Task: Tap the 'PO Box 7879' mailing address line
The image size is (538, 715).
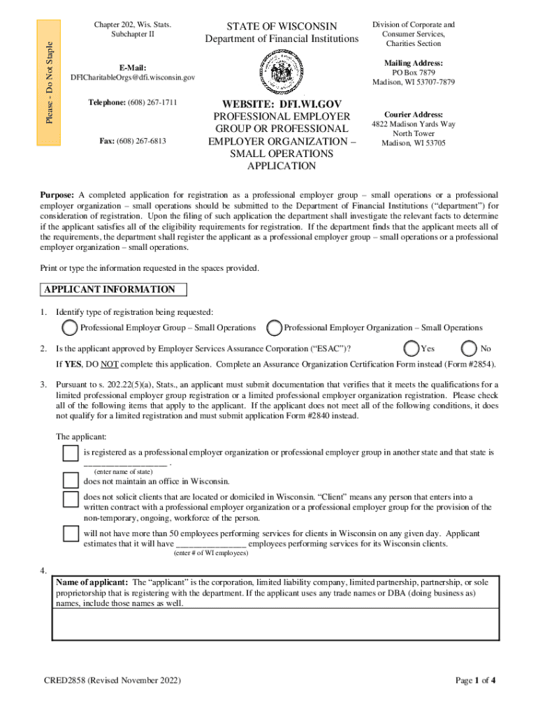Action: tap(414, 73)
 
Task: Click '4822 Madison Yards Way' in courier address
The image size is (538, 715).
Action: tap(414, 124)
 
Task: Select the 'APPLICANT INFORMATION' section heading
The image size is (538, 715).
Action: tap(110, 290)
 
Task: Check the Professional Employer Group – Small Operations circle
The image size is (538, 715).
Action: tap(69, 327)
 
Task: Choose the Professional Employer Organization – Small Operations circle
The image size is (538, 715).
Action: tap(275, 327)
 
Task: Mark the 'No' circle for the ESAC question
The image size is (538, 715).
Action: tap(470, 348)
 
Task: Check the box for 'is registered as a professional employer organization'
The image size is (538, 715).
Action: tap(71, 454)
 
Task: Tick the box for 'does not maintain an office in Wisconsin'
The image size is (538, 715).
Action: tap(71, 480)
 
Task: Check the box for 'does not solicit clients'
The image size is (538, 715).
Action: tap(71, 499)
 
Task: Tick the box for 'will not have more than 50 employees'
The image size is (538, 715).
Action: tap(71, 534)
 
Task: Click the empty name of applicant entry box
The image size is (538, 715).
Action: tap(276, 624)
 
